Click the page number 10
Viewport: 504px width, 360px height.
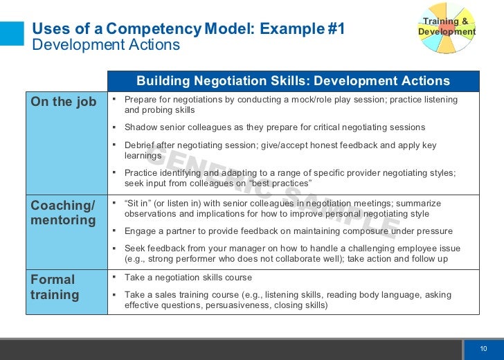click(x=484, y=348)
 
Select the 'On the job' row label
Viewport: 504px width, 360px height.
click(x=63, y=102)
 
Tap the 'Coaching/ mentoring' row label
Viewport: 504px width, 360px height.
click(x=63, y=213)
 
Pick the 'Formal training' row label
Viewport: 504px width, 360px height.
click(x=55, y=287)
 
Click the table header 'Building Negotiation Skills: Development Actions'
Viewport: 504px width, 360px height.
click(x=293, y=81)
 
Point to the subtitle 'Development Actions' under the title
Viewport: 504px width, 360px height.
click(x=106, y=45)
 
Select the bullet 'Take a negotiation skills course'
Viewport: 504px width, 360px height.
click(x=188, y=277)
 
